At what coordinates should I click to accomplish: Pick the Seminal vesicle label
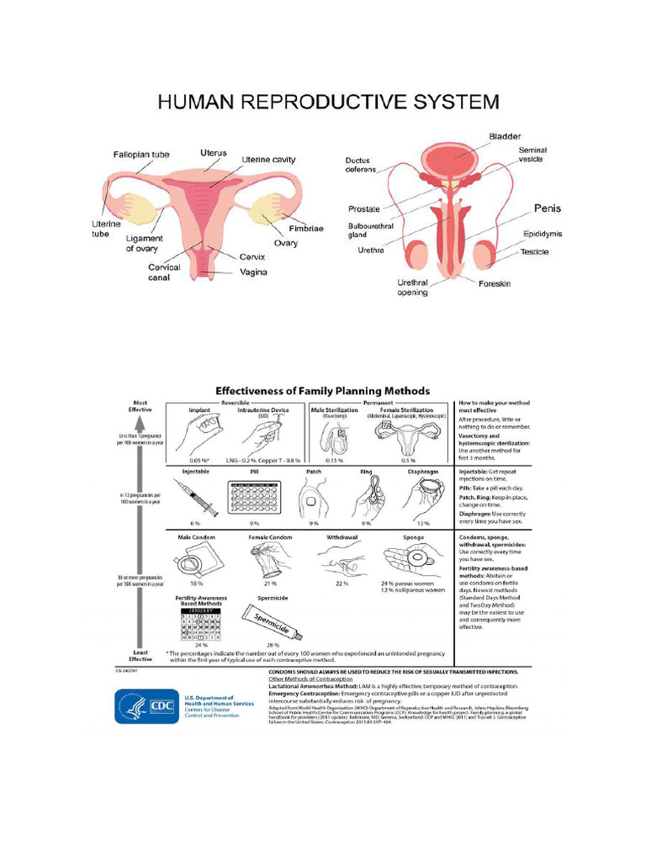532,155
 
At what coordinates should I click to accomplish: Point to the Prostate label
364,209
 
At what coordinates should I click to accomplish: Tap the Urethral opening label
414,288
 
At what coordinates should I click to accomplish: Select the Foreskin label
500,283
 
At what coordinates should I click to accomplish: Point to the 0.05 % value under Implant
199,461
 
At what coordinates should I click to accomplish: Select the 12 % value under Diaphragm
423,523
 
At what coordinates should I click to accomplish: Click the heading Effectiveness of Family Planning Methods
323,391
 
